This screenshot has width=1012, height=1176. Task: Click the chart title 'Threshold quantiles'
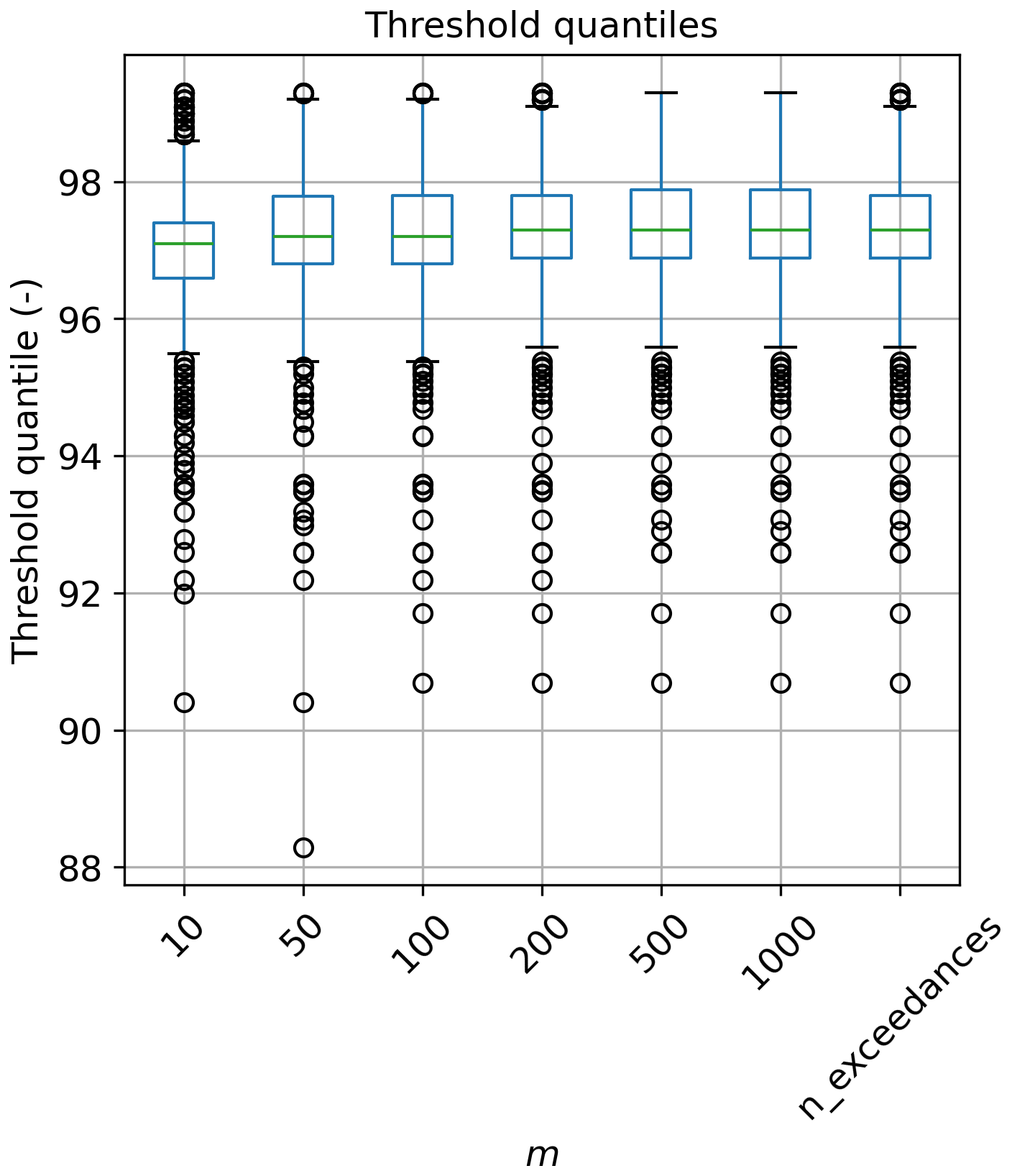(541, 26)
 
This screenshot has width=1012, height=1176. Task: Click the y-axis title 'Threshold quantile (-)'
(27, 469)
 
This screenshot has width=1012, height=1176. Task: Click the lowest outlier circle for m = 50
(303, 847)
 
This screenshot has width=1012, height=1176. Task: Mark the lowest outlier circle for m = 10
(184, 702)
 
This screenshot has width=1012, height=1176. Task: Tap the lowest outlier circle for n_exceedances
(900, 683)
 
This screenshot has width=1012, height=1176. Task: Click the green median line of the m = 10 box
(184, 244)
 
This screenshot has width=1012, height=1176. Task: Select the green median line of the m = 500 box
(661, 230)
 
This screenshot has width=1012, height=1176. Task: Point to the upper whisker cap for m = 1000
(781, 93)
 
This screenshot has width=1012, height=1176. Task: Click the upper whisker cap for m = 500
(661, 93)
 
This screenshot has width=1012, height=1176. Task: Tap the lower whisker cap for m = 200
(542, 347)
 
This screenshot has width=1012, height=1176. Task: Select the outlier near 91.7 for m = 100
(423, 613)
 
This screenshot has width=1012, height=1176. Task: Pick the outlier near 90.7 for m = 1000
(781, 683)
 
